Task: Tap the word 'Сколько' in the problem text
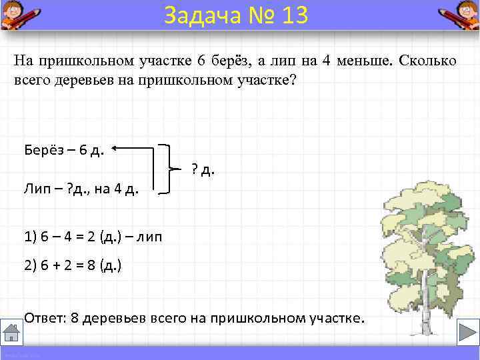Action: pyautogui.click(x=427, y=61)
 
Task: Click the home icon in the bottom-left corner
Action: pyautogui.click(x=11, y=333)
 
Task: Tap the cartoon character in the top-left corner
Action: pyautogui.click(x=15, y=14)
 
